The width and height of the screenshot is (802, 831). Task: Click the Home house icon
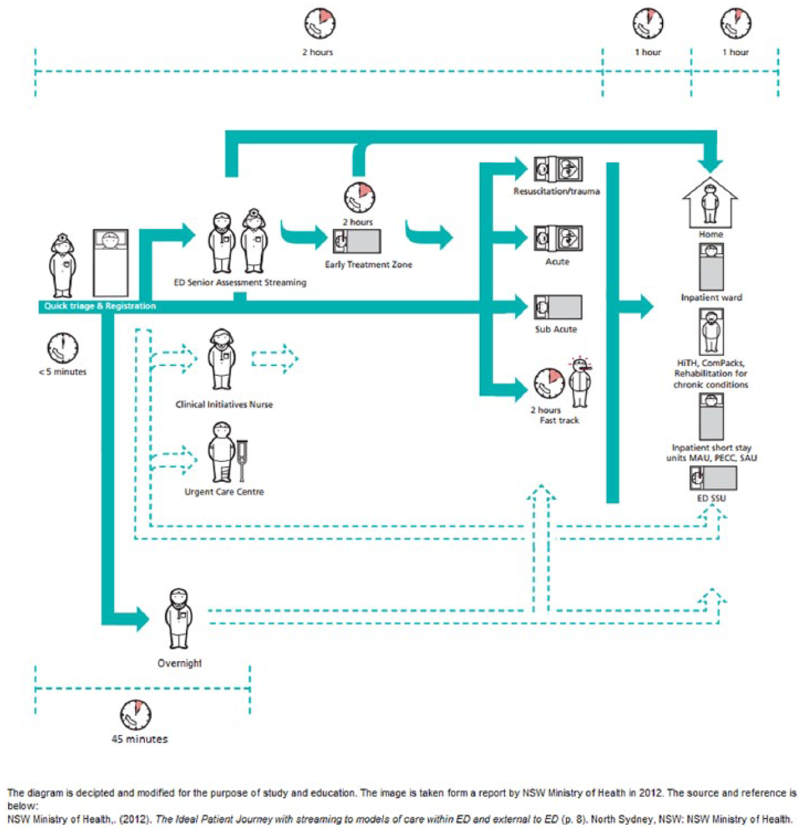coord(710,203)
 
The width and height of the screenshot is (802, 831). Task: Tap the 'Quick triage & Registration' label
coord(100,306)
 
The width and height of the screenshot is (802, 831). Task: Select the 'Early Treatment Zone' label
coord(368,265)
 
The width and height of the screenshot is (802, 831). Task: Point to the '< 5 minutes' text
coord(63,372)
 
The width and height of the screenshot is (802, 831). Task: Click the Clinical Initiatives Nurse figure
coord(221,358)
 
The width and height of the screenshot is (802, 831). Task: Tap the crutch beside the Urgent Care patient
coord(242,461)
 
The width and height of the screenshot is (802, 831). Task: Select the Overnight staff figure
coord(178,619)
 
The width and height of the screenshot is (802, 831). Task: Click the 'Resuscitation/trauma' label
coord(556,191)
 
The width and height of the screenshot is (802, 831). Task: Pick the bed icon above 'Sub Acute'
coord(557,306)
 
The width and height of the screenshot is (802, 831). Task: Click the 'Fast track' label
coord(559,420)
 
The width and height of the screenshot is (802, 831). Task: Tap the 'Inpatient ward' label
coord(711,298)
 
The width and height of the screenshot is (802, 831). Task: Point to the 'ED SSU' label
coord(711,499)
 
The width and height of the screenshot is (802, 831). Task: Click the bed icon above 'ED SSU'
coord(713,478)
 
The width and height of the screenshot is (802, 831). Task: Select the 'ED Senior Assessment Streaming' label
coord(240,283)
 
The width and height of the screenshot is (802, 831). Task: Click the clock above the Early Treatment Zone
coord(359,197)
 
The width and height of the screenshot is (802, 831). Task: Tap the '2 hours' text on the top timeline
coord(317,53)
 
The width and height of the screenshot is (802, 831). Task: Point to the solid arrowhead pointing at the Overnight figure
coord(143,619)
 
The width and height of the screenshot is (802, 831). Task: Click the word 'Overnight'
coord(179,664)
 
